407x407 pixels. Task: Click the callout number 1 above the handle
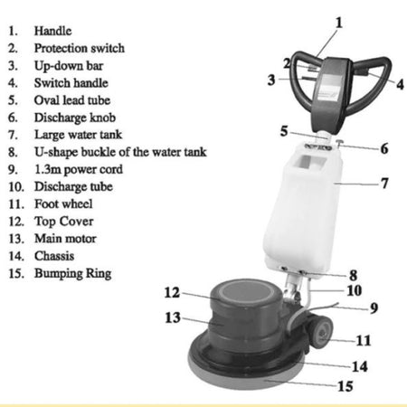339,23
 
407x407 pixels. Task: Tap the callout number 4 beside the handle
400,84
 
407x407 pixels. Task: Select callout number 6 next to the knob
384,148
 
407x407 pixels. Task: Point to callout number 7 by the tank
384,183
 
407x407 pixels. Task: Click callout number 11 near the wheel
364,340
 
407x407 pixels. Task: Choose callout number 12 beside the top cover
172,292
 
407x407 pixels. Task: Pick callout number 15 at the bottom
345,386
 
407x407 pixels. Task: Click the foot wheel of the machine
321,332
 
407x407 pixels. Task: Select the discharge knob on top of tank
340,143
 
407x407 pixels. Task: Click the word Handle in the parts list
52,31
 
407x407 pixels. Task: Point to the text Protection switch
80,48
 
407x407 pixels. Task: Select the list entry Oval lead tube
72,100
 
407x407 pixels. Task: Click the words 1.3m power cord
79,169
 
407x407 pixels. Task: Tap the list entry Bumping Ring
73,274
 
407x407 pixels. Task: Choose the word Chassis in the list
54,256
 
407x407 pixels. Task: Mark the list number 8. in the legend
13,152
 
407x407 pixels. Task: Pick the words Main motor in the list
65,239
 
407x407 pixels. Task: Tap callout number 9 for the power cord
374,308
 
